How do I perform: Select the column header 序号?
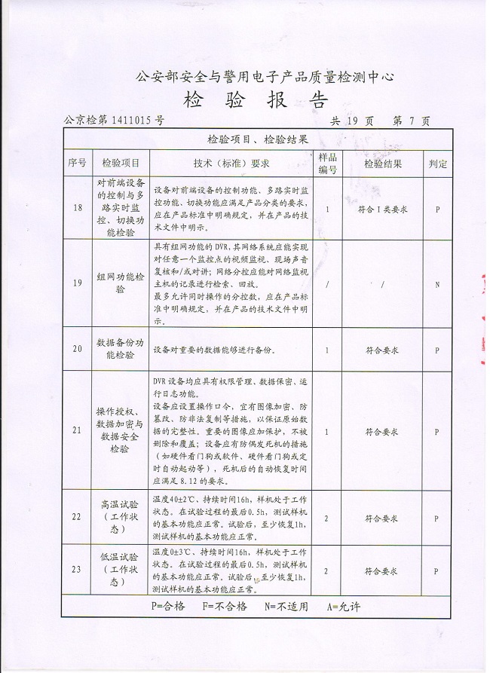77,163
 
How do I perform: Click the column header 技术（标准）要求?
231,163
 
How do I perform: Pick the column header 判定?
437,163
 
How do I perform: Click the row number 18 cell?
77,208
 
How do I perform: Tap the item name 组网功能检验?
121,283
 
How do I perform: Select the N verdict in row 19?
437,283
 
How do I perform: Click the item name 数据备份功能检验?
121,349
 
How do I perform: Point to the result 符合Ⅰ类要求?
382,209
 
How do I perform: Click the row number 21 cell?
77,431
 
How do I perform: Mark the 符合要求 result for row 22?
381,519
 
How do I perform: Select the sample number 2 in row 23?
326,571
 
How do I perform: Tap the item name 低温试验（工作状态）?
121,570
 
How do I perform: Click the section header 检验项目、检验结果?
258,139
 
